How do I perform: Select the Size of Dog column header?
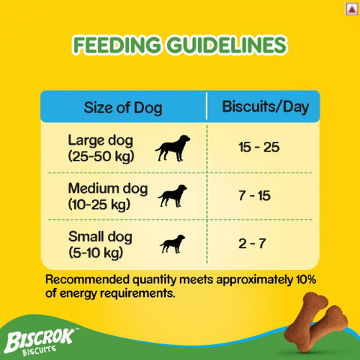[121, 107]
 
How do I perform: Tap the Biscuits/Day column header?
[265, 106]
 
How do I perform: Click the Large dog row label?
[97, 139]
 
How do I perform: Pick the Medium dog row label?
[97, 187]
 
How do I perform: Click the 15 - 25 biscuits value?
[259, 146]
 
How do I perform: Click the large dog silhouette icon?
[172, 148]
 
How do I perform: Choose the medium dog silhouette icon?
[172, 195]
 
